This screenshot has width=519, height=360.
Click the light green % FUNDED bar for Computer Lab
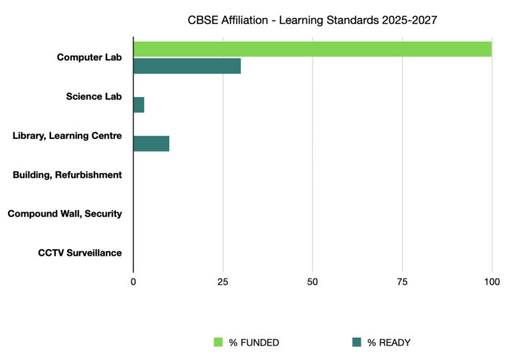pos(312,49)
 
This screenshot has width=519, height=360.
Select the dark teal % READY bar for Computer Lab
pos(187,66)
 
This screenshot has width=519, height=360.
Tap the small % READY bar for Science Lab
pos(139,105)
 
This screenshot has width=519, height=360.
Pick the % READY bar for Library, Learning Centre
pos(151,143)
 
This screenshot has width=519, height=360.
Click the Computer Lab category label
pos(89,58)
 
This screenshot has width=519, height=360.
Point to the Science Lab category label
pos(94,96)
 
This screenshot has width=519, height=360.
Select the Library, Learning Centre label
pos(68,135)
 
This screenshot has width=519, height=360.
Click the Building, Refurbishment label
pos(68,174)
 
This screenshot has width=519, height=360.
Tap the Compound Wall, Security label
pos(65,214)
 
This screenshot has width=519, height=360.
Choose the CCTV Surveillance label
pos(80,253)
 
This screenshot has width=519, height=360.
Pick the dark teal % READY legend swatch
pos(357,341)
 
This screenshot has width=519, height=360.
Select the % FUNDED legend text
pos(254,342)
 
